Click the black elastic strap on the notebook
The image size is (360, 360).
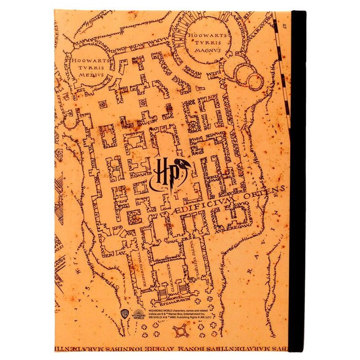[299, 180]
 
